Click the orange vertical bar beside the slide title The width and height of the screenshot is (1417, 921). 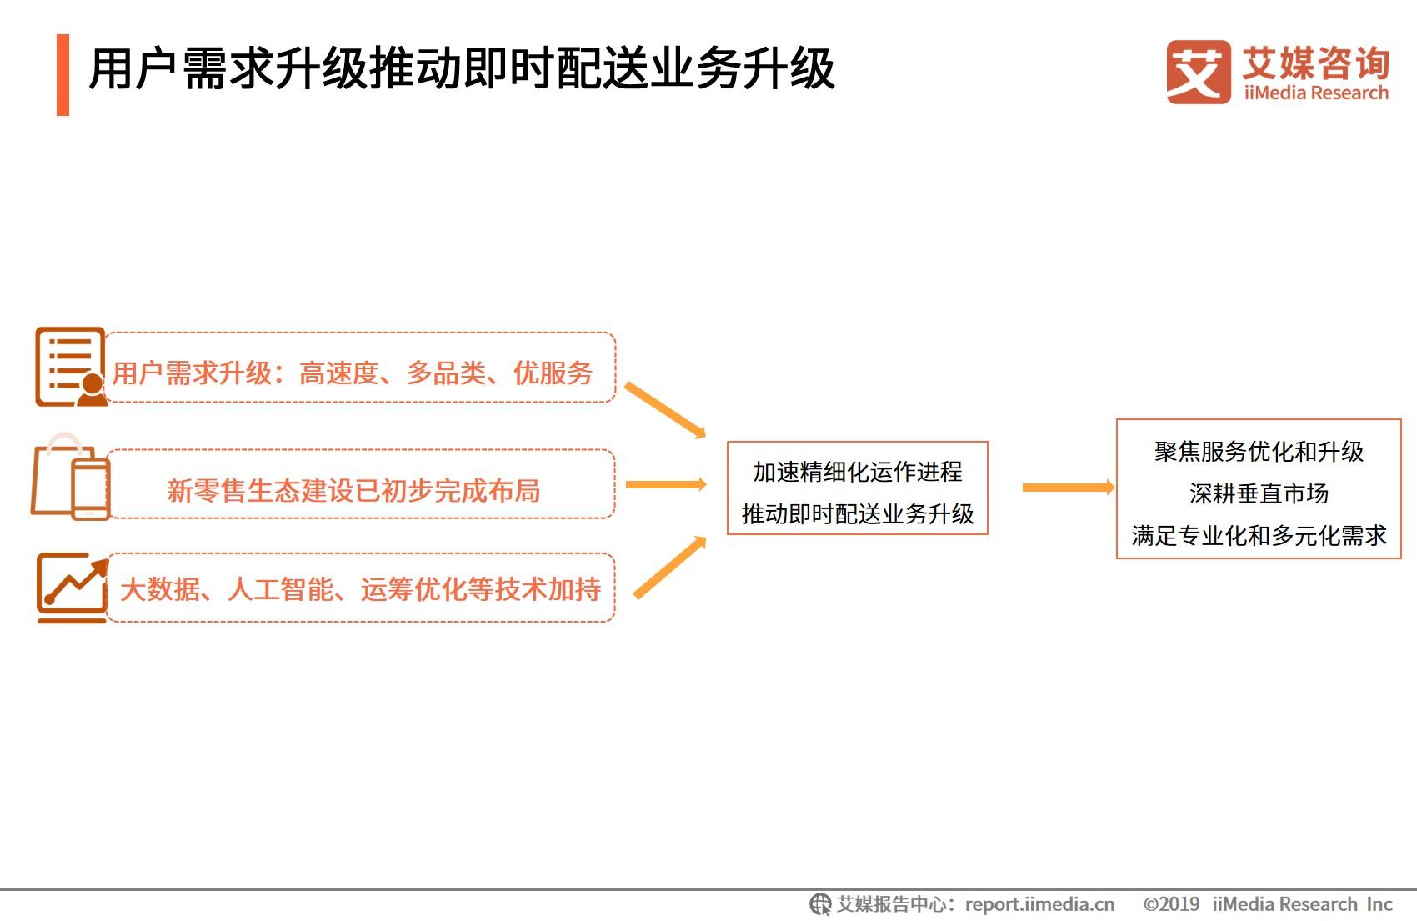pyautogui.click(x=63, y=75)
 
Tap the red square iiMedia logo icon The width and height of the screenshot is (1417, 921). pyautogui.click(x=1199, y=73)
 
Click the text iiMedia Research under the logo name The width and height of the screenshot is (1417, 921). pyautogui.click(x=1316, y=93)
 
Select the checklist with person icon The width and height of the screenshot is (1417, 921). pyautogui.click(x=71, y=367)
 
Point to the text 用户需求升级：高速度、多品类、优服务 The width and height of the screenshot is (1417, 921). pyautogui.click(x=353, y=373)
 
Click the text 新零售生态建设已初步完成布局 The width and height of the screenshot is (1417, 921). pyautogui.click(x=353, y=490)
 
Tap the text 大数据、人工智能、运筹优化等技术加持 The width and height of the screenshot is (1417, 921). pyautogui.click(x=361, y=589)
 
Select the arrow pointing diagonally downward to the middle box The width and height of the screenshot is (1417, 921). pyautogui.click(x=665, y=410)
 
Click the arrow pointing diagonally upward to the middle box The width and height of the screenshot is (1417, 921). pyautogui.click(x=670, y=567)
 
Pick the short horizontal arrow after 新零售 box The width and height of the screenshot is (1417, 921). pyautogui.click(x=666, y=484)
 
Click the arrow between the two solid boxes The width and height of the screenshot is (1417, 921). pyautogui.click(x=1069, y=487)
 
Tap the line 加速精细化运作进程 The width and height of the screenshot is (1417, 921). pyautogui.click(x=858, y=472)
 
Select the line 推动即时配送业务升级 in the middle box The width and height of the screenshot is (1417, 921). pyautogui.click(x=858, y=513)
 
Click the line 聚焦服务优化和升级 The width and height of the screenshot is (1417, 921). pyautogui.click(x=1259, y=452)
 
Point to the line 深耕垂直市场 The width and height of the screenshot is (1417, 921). pyautogui.click(x=1259, y=493)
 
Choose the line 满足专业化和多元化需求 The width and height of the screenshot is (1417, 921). pyautogui.click(x=1259, y=536)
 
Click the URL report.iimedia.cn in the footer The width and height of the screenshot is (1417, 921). pyautogui.click(x=1039, y=904)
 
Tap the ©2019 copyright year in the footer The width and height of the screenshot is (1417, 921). pyautogui.click(x=1171, y=904)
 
